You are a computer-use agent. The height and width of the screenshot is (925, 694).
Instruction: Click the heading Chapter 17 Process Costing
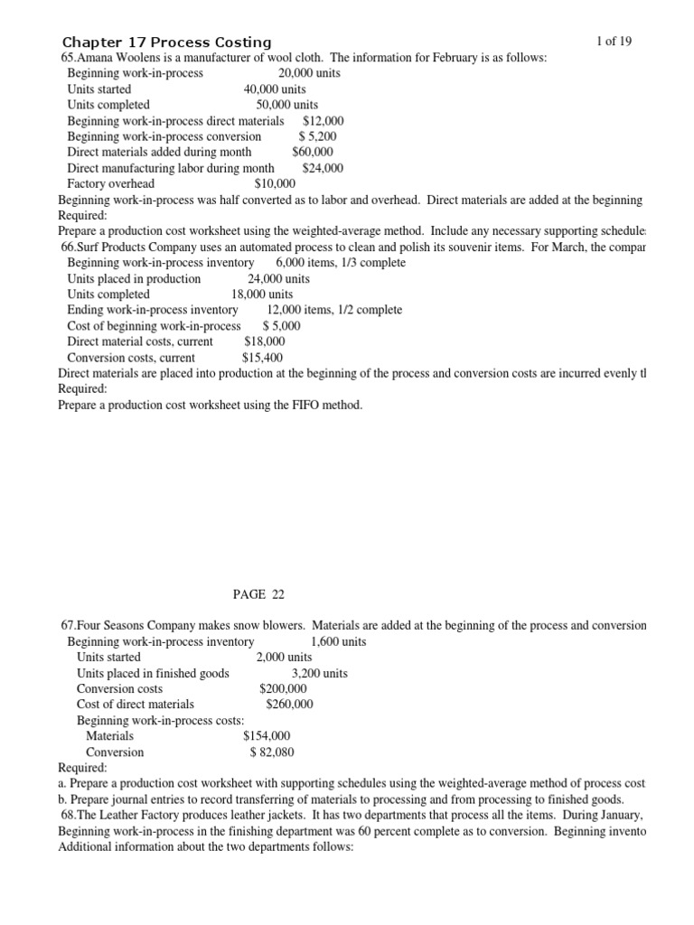point(166,42)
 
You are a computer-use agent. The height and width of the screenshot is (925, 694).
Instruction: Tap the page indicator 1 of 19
point(614,42)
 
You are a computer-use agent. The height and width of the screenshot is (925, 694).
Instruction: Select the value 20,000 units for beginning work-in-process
point(310,73)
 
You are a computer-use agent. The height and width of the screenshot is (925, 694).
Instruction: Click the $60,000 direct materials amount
point(313,152)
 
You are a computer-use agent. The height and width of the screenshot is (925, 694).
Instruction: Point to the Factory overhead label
point(111,183)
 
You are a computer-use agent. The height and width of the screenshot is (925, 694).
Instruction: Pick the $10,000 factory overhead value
point(276,183)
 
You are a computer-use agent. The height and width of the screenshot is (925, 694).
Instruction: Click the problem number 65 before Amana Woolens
point(65,58)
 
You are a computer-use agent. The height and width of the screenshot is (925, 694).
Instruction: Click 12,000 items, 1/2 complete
point(334,310)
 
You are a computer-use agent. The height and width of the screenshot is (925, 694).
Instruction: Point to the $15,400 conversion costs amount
point(264,358)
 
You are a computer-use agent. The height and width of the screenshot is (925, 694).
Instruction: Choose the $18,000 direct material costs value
point(265,341)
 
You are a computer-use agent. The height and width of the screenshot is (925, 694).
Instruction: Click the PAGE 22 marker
point(258,593)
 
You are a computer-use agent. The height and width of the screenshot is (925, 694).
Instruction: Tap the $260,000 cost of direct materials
point(290,704)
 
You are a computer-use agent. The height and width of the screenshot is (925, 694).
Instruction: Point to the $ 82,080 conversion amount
point(271,752)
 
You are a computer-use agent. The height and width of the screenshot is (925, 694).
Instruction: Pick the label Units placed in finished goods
point(153,673)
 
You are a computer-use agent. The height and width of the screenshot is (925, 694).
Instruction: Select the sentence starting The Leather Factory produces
point(352,815)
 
